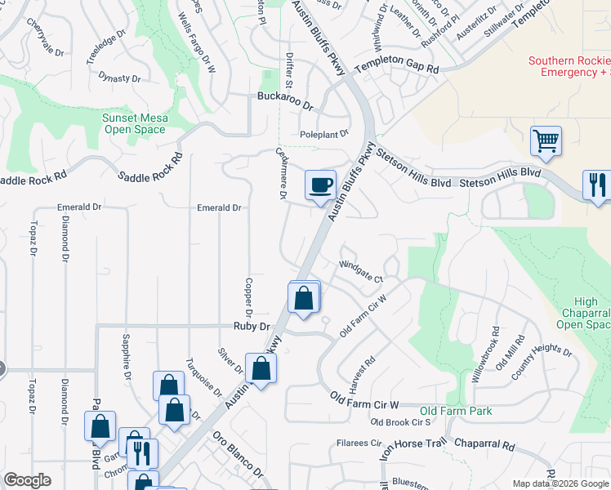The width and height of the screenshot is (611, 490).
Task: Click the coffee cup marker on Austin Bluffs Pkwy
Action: coord(321,184)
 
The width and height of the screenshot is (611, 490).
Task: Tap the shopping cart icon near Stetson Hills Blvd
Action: coord(545,140)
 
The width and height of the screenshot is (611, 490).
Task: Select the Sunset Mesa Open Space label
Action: coord(135,124)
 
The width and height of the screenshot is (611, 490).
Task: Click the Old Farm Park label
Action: coord(456,411)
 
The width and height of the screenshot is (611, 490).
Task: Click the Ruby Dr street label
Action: coord(252,326)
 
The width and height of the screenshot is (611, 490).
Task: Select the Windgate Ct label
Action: coord(361,271)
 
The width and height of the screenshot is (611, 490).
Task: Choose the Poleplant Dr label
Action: coord(324,132)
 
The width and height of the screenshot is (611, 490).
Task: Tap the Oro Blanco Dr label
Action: coord(239,461)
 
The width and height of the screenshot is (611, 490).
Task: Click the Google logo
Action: coord(27,480)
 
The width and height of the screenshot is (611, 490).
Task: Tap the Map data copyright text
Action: coord(560,483)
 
